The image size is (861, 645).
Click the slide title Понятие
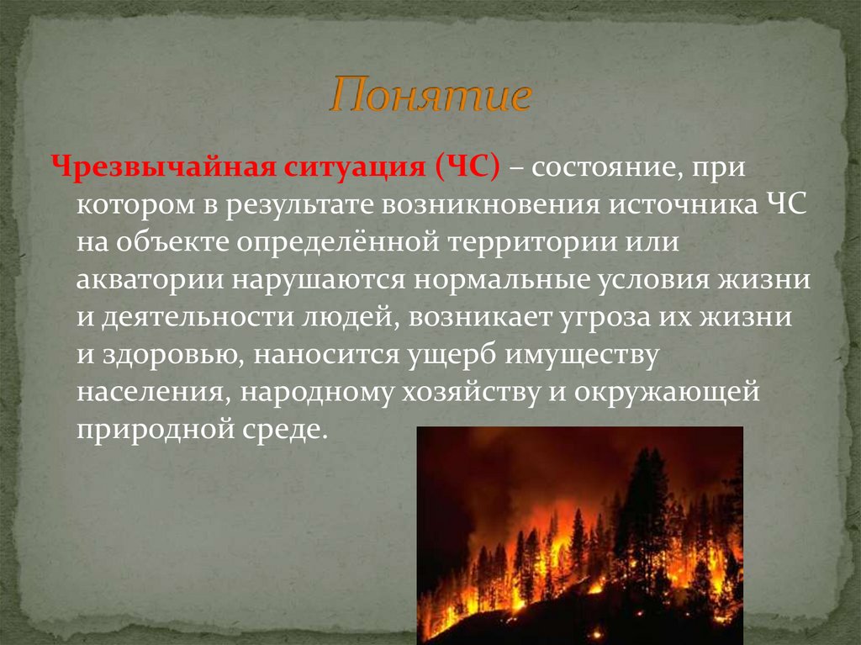pyautogui.click(x=430, y=98)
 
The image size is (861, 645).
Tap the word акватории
pyautogui.click(x=146, y=280)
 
